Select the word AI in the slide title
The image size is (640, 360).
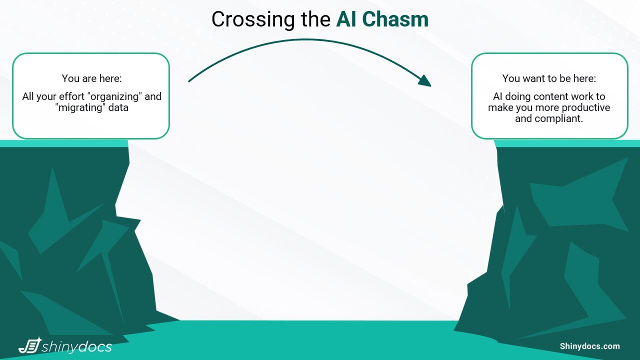[x=347, y=20]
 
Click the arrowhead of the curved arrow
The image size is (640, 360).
[x=425, y=81]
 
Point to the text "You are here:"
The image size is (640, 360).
[x=91, y=78]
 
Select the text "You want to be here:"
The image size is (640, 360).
[x=549, y=78]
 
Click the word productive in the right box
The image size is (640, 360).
[x=585, y=107]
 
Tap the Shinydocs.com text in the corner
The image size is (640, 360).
[x=589, y=346]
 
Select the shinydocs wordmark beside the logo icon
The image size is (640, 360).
[x=77, y=346]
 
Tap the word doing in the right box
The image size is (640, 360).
[x=518, y=96]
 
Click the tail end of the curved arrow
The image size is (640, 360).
[x=190, y=80]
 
